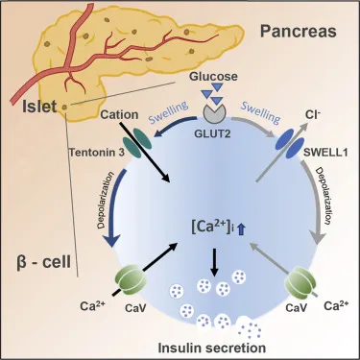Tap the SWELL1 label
(x=324, y=151)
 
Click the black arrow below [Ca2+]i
(x=213, y=259)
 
